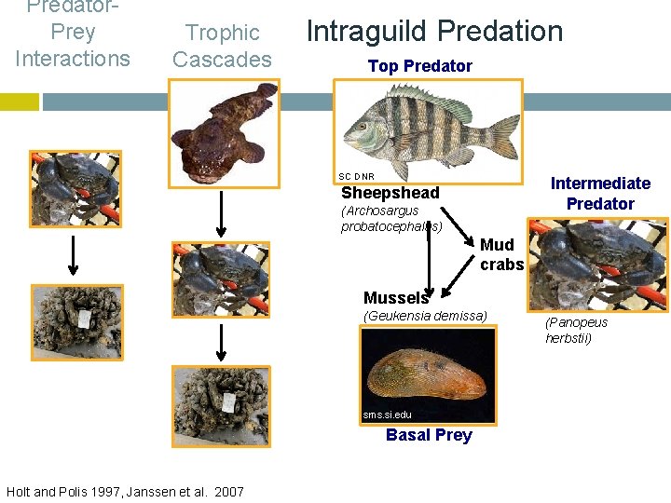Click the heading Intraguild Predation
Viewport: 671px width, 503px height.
[x=434, y=31]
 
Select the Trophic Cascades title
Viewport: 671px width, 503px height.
[x=222, y=46]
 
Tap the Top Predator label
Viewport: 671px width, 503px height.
[x=419, y=66]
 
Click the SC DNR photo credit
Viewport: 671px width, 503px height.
[x=356, y=176]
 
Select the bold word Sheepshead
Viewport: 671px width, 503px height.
[x=390, y=193]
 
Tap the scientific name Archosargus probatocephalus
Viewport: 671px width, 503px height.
[x=390, y=219]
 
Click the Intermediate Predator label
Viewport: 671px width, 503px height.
[x=600, y=193]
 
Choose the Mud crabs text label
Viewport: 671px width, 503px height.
[x=501, y=254]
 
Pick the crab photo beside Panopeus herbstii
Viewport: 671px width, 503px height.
[x=584, y=265]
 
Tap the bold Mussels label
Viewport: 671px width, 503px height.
[x=395, y=298]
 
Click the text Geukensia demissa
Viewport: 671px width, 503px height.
[x=424, y=316]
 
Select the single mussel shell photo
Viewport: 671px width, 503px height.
[x=429, y=374]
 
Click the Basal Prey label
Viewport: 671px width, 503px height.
[x=429, y=435]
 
